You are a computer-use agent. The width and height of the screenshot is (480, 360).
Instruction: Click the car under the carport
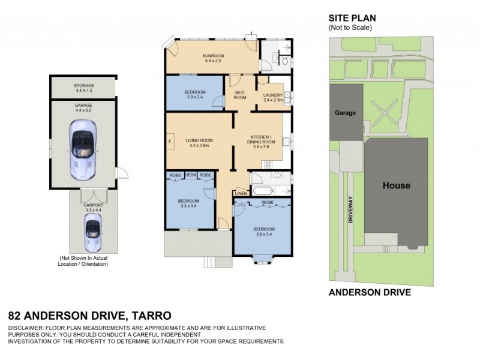point(92,233)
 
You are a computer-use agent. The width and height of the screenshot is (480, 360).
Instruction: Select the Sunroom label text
point(213,58)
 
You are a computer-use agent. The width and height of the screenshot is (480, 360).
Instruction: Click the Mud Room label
point(240,95)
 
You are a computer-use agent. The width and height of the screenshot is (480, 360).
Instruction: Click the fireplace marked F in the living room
point(170,142)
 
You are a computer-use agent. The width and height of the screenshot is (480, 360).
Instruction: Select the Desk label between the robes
point(191,175)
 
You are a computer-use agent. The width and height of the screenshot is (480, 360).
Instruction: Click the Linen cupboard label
point(240,193)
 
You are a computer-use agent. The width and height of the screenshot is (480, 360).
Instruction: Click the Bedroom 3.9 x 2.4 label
point(196,94)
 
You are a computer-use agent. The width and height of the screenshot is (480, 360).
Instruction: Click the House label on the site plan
point(396,185)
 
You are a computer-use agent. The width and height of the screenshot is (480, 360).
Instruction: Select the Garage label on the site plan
point(346,112)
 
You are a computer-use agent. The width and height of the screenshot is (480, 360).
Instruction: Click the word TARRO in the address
point(151,315)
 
